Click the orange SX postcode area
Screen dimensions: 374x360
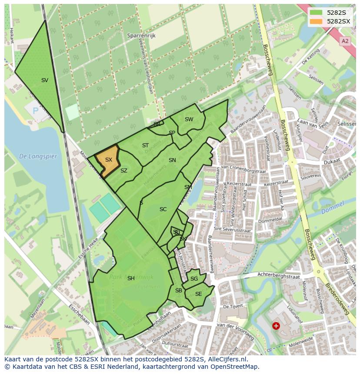[107, 161]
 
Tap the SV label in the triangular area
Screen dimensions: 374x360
[45, 80]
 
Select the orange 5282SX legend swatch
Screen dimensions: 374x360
[316, 21]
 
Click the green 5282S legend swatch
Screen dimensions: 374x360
[316, 13]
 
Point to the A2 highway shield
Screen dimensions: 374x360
[345, 41]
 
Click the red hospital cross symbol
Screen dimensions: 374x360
[276, 325]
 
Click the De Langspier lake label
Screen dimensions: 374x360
[38, 156]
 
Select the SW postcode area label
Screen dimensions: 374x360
[189, 119]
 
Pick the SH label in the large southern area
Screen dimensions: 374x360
[131, 278]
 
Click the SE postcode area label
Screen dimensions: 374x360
[198, 294]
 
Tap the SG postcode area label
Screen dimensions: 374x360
[194, 279]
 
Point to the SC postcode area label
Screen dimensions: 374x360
[163, 209]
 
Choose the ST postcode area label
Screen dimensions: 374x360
[145, 146]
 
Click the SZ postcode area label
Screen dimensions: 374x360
[124, 171]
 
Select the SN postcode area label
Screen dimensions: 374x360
[172, 160]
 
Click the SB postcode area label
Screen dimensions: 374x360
[178, 291]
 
